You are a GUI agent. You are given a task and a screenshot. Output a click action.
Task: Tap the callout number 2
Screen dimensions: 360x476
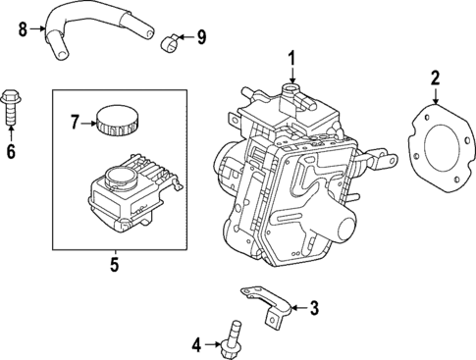point(436,77)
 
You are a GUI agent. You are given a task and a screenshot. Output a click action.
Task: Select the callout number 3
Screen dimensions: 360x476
point(314,309)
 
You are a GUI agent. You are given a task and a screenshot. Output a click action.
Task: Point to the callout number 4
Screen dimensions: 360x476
point(196,344)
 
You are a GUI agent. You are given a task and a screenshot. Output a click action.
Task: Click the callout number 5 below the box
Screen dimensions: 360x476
point(113,263)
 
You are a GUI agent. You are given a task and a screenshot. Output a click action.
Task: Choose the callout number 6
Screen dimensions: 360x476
point(12,151)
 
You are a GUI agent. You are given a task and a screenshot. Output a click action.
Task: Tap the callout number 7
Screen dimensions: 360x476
point(74,122)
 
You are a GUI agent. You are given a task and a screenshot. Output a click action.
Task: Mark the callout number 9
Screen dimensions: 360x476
point(202,38)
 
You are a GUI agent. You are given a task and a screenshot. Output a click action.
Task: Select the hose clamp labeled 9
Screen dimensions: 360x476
point(170,40)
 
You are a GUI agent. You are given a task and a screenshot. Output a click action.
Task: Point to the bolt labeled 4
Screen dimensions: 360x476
point(236,339)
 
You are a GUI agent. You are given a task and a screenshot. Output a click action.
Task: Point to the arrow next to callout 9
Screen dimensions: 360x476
point(186,38)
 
